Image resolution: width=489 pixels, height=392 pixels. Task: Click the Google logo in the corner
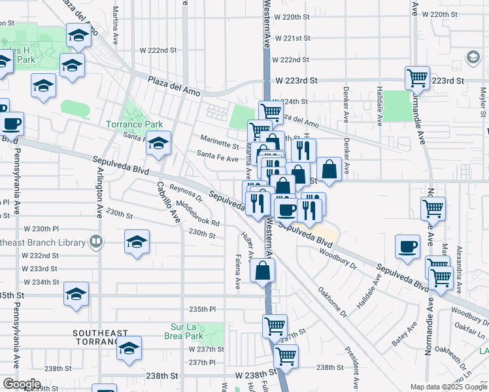coord(21,384)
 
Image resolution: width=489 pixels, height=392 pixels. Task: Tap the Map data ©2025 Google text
coord(448,387)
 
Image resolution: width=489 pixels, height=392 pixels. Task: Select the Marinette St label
coord(219,145)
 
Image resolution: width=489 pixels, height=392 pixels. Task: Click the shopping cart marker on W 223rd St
coord(417,78)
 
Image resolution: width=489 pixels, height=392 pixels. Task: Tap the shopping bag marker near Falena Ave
coord(261,271)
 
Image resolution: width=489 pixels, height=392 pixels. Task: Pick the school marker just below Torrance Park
coord(158,143)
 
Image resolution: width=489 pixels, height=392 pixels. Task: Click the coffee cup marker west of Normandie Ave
coord(408,247)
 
